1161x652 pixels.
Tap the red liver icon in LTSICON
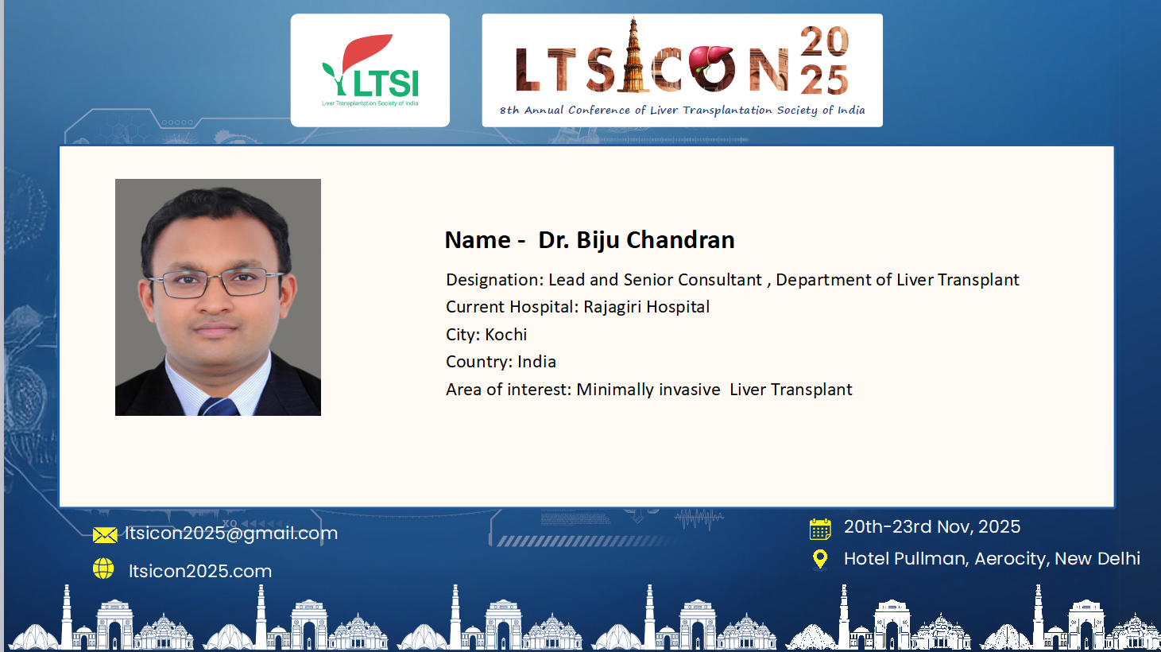click(x=710, y=59)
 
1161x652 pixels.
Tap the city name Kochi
click(x=506, y=335)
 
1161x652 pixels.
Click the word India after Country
click(x=536, y=362)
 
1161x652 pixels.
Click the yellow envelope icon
click(x=105, y=535)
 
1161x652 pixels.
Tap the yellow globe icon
click(x=103, y=569)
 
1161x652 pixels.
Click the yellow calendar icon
click(x=820, y=529)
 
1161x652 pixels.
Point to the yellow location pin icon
click(x=820, y=559)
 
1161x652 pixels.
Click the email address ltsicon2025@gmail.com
click(x=231, y=534)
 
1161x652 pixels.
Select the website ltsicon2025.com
click(x=200, y=571)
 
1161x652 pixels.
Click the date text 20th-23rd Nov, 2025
click(x=932, y=527)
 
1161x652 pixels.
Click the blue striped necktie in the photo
click(x=219, y=406)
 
